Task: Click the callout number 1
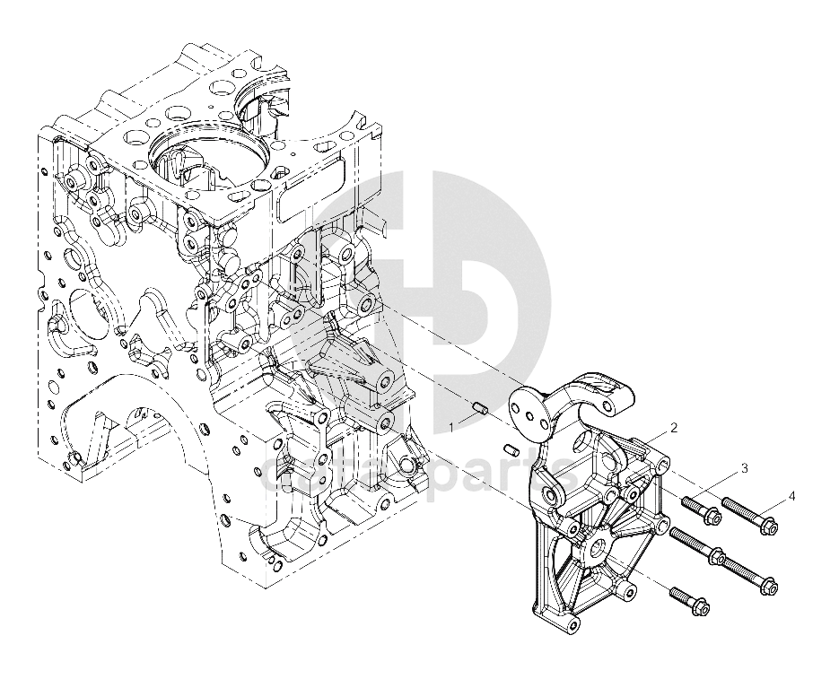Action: click(452, 428)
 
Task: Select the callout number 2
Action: click(673, 427)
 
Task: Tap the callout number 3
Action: click(743, 468)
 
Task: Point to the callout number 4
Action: click(791, 495)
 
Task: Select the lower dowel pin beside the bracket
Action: click(510, 448)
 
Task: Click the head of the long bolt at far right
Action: click(767, 588)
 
